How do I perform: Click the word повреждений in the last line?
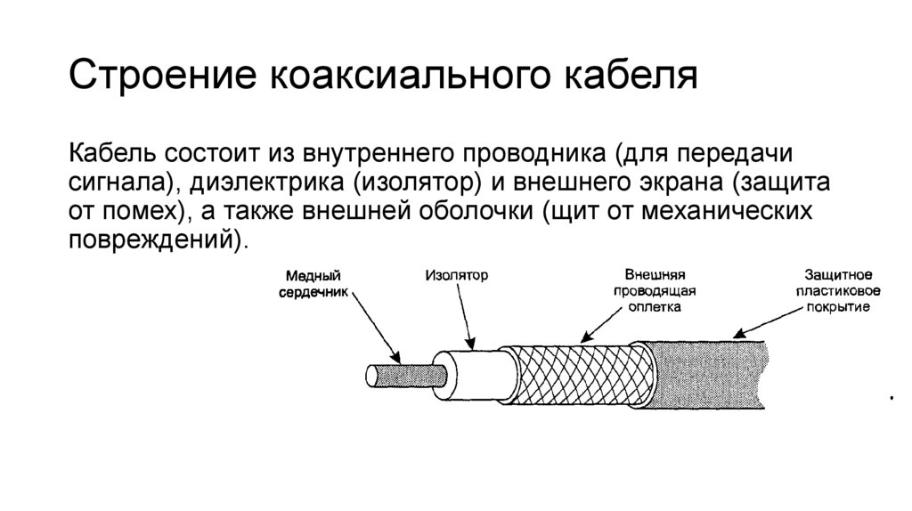155,241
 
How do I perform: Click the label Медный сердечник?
313,284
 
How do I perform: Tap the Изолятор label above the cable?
456,276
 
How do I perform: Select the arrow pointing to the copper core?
374,326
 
